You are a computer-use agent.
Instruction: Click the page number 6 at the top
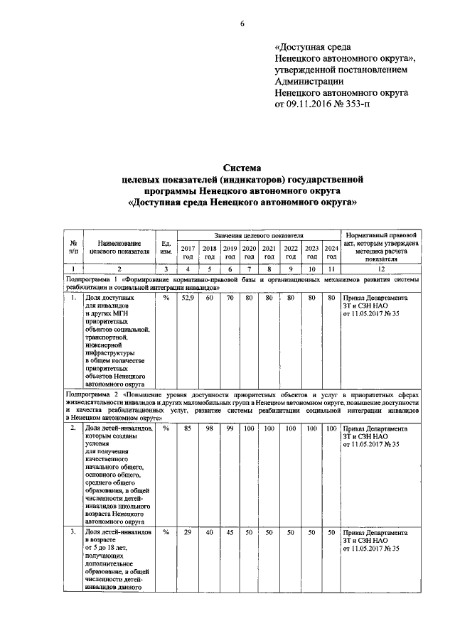(x=242, y=23)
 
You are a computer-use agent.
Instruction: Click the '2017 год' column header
(x=188, y=252)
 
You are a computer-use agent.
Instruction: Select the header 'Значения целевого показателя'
(x=259, y=234)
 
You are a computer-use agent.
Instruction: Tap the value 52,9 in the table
(x=188, y=298)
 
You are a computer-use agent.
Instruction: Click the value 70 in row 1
(x=230, y=298)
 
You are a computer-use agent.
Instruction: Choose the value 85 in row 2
(x=188, y=429)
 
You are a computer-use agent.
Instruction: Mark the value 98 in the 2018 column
(x=209, y=429)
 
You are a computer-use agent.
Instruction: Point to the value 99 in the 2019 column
(x=230, y=429)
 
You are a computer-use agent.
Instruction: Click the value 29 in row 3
(x=188, y=532)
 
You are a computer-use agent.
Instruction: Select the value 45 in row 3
(x=230, y=532)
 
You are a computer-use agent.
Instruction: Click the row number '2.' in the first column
(x=73, y=429)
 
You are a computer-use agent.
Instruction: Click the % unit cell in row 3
(x=165, y=532)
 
